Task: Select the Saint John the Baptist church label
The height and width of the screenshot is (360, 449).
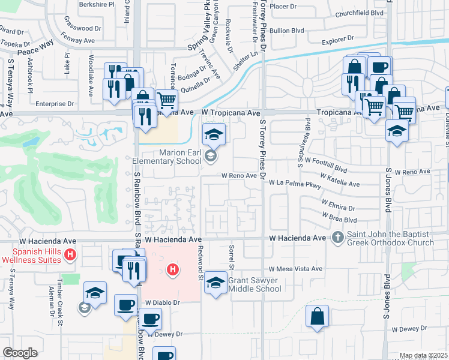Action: click(390, 238)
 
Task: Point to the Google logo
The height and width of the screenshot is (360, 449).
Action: click(20, 353)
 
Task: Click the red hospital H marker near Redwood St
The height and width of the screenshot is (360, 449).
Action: click(173, 271)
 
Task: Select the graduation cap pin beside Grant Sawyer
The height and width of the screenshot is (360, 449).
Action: click(215, 282)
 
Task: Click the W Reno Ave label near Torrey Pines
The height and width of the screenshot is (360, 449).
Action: click(240, 176)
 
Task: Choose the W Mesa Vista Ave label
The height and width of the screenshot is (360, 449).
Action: click(296, 269)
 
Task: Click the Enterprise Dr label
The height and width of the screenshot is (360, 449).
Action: click(53, 103)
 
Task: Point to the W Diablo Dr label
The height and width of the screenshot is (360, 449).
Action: click(161, 303)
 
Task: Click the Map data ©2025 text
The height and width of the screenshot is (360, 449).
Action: click(423, 356)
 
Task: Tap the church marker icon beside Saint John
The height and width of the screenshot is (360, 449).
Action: click(337, 238)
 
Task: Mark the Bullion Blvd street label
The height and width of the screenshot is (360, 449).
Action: click(288, 31)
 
